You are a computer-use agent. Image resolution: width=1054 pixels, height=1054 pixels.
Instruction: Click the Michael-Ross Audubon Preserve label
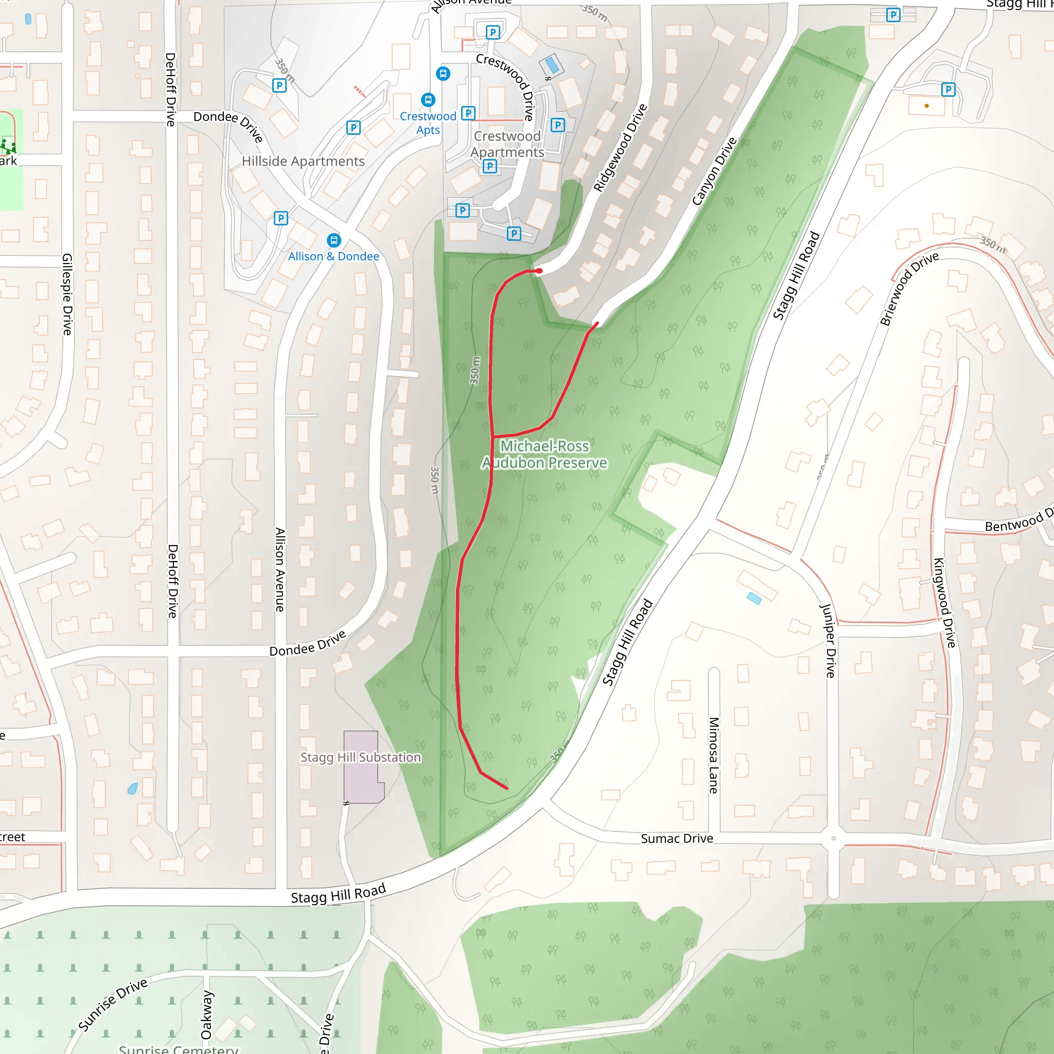(x=544, y=454)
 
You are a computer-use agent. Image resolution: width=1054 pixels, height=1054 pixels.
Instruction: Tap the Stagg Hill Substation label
(x=361, y=757)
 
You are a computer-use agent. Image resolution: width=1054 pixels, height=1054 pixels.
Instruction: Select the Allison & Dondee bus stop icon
(x=334, y=240)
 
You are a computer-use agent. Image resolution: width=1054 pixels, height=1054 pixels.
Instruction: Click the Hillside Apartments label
(x=303, y=162)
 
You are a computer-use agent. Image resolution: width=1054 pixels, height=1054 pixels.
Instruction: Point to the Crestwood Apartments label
(x=507, y=144)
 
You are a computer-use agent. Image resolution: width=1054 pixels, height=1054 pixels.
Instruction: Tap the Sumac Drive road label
(x=677, y=838)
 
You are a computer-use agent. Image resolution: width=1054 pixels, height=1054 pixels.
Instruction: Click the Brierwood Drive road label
(x=909, y=289)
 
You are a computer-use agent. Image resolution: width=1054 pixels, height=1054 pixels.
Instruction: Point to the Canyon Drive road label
(x=714, y=171)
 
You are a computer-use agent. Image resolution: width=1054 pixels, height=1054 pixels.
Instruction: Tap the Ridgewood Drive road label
(x=620, y=148)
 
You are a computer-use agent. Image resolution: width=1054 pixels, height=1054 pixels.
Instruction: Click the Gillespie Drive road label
(x=67, y=294)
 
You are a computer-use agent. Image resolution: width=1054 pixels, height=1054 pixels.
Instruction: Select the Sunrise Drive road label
(x=113, y=1006)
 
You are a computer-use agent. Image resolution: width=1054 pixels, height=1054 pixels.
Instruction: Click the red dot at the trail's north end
(x=539, y=271)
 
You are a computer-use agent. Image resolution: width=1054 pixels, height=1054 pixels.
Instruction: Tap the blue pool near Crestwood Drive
(x=552, y=65)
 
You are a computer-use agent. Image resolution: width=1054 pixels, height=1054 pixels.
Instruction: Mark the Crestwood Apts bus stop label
(x=428, y=123)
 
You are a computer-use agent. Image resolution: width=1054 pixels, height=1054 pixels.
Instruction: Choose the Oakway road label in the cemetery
(x=206, y=1015)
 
